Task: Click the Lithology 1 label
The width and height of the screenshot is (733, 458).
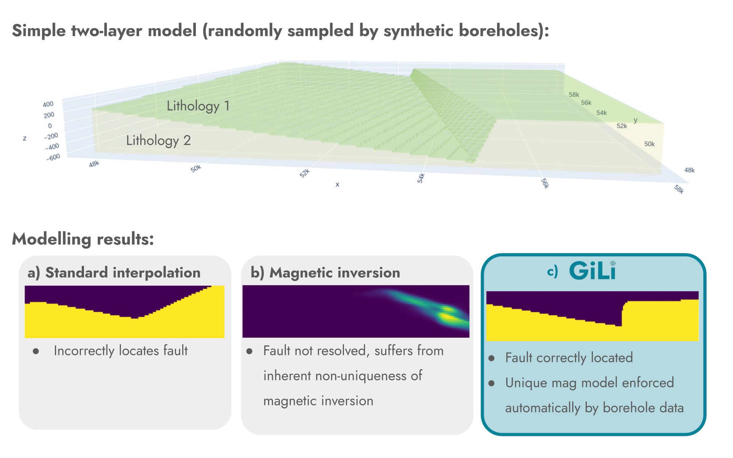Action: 198,106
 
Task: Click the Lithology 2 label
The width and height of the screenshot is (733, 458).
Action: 158,140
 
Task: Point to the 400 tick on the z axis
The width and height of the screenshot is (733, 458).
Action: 48,104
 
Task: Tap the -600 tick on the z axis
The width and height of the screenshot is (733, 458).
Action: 53,157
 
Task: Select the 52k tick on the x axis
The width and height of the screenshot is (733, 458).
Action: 304,173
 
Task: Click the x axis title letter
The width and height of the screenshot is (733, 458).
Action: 337,184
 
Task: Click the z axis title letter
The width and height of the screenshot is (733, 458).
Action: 25,138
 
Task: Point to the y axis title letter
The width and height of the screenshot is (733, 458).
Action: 636,120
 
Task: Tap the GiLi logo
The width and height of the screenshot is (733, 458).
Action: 592,271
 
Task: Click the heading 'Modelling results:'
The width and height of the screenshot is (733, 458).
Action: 83,239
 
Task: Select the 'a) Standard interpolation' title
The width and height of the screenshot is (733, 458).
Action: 114,273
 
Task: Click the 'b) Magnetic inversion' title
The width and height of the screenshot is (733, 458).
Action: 325,273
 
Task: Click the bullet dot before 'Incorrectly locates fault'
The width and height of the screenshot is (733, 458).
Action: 36,351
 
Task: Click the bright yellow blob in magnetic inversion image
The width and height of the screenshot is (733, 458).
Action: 447,316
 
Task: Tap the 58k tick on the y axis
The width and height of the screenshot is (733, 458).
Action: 574,95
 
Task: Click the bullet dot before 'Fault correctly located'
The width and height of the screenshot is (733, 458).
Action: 492,358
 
